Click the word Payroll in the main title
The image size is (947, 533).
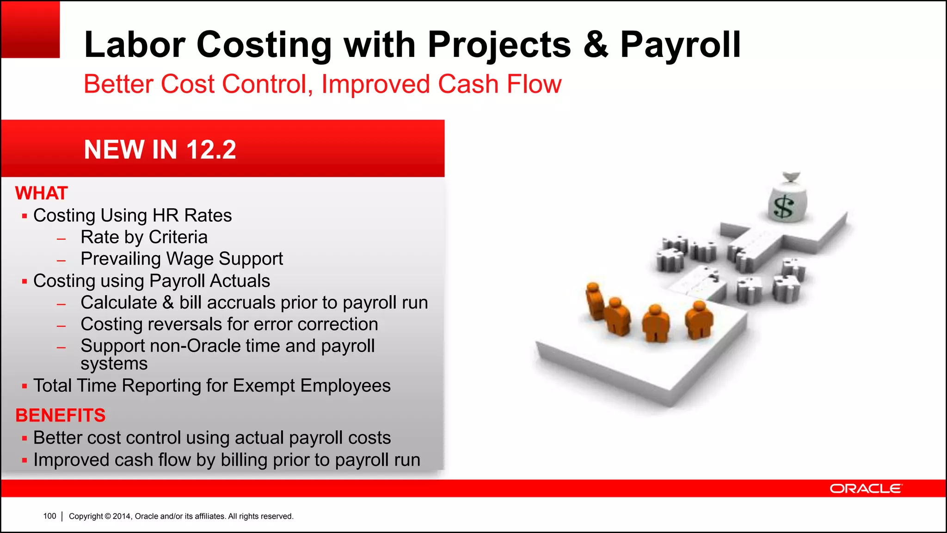680,45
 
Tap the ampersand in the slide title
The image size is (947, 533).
596,45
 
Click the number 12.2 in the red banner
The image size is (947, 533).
211,149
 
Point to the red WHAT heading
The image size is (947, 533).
42,193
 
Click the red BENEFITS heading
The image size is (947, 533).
61,415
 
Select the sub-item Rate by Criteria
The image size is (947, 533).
144,237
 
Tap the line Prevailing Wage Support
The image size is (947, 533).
181,259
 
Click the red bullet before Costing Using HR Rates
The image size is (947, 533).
25,216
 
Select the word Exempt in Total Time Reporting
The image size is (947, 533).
264,386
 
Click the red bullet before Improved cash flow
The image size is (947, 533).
25,461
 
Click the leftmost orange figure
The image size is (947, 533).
594,301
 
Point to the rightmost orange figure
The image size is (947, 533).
699,319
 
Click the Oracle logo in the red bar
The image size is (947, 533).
865,489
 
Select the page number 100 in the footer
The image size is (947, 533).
49,516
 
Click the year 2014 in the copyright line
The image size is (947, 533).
122,516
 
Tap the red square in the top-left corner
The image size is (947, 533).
30,29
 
